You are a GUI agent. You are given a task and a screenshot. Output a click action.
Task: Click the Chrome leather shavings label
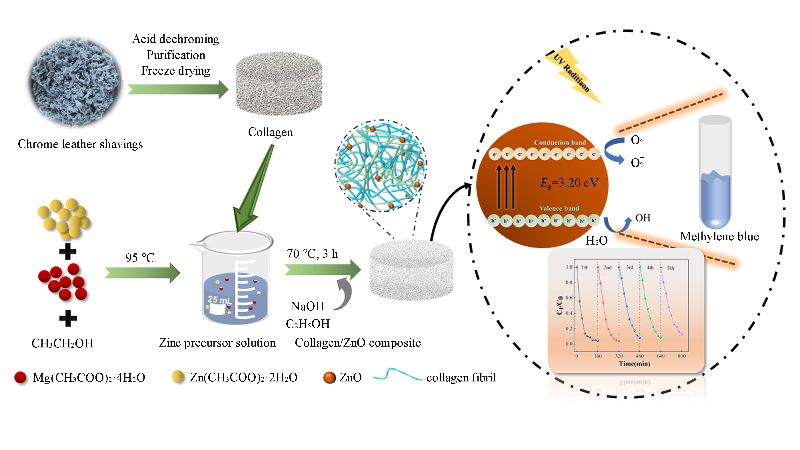(80, 144)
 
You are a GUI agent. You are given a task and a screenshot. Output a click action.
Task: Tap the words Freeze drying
(175, 71)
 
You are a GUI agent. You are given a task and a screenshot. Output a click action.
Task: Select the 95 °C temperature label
(140, 257)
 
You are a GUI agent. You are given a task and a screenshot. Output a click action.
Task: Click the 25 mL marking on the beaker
(219, 300)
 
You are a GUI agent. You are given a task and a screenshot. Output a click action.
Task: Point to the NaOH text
(307, 306)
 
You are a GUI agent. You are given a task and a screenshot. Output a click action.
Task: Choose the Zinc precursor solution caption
(217, 343)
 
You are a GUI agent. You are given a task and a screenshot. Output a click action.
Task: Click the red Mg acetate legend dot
(21, 377)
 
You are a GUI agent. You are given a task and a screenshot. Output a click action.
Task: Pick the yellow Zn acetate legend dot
(178, 376)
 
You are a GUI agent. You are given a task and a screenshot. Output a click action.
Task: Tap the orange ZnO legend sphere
(329, 378)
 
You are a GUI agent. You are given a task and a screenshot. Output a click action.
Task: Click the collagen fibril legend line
(397, 375)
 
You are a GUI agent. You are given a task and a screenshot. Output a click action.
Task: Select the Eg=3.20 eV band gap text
(569, 183)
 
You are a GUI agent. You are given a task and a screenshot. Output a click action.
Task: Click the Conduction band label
(560, 143)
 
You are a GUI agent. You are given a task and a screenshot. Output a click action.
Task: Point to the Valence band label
(559, 208)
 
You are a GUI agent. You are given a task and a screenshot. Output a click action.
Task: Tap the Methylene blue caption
(719, 236)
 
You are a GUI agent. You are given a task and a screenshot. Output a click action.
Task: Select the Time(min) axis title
(634, 364)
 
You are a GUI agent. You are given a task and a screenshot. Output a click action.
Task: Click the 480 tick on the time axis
(639, 356)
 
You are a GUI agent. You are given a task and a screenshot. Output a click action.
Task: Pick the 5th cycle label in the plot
(671, 268)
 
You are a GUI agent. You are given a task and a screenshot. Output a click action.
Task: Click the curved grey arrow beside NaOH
(344, 294)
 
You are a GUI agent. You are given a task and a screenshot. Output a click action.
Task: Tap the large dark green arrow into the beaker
(251, 193)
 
